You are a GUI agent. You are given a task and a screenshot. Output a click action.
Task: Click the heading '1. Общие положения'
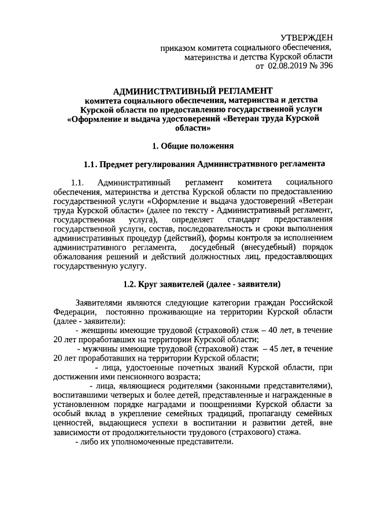pyautogui.click(x=192, y=144)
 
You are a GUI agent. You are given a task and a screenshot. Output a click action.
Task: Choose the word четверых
pyautogui.click(x=124, y=395)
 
